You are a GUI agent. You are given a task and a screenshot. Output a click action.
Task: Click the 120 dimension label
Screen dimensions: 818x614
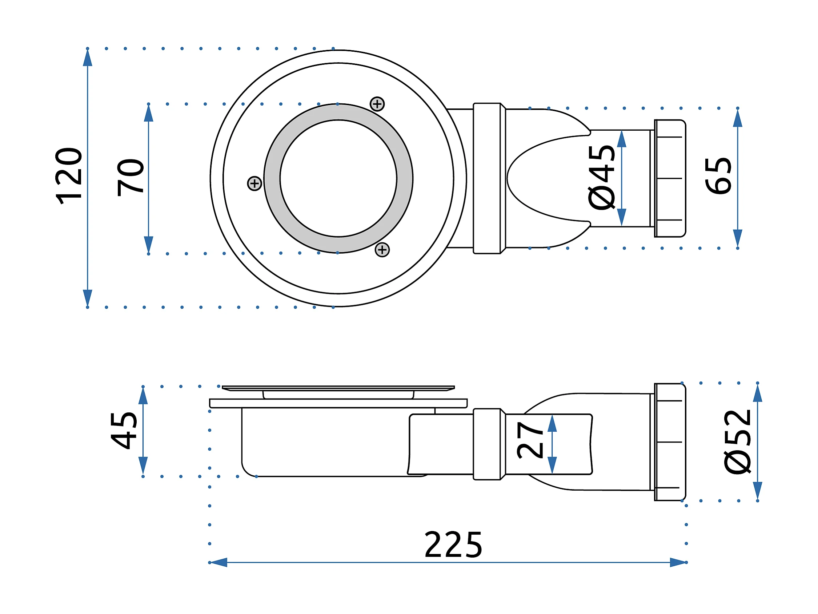68,176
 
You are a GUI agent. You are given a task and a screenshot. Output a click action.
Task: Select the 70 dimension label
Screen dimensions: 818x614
130,178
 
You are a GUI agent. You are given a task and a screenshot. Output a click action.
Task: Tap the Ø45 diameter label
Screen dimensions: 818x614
602,178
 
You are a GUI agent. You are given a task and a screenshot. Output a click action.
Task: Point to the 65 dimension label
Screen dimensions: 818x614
718,176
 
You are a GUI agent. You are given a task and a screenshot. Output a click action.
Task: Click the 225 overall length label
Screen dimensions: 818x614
453,544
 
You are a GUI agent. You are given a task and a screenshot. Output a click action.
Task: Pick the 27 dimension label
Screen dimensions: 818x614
530,440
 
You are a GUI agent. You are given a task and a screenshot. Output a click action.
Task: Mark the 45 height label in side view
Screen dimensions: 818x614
124,431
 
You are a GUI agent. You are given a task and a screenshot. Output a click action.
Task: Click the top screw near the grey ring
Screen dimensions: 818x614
377,104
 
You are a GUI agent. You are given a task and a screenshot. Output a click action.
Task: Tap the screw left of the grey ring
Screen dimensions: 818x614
254,183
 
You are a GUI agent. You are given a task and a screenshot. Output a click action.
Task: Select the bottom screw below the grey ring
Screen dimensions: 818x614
382,250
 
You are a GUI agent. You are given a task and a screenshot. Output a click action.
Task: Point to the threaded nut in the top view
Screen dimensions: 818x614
670,178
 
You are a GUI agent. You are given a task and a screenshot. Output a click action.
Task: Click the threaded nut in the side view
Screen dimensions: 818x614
670,442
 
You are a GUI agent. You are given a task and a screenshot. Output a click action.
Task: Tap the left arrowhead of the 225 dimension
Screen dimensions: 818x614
218,562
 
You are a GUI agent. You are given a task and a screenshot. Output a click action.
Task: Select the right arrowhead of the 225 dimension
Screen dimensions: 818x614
679,562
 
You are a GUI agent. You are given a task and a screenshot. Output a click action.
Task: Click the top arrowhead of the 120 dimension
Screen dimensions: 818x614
88,58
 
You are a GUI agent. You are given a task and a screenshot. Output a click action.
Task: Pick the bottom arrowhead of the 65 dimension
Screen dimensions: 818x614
737,238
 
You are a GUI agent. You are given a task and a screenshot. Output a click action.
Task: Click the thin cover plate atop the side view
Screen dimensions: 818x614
338,388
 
